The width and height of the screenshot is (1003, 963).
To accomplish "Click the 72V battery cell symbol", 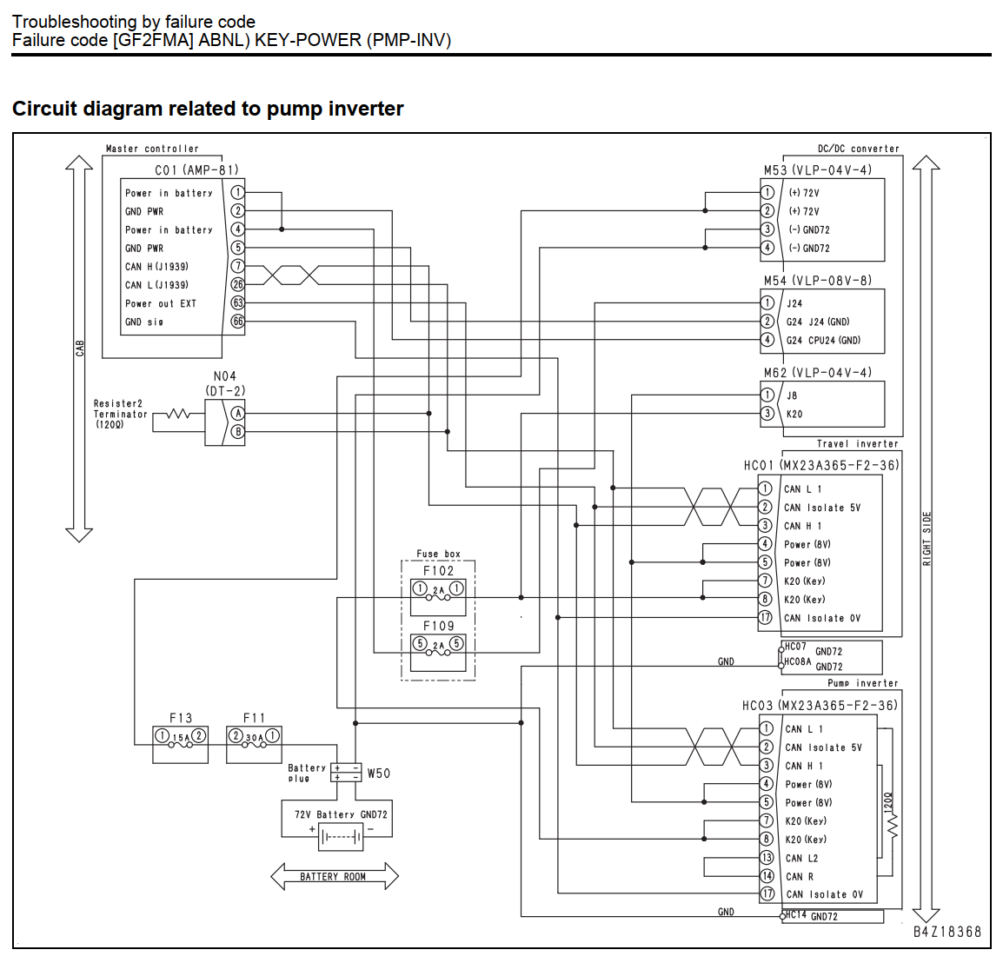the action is point(341,837).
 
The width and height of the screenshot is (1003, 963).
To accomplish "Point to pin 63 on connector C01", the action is point(237,302).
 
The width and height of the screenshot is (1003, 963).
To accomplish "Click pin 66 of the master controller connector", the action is point(237,322).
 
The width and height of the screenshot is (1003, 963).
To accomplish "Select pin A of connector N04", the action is point(237,414).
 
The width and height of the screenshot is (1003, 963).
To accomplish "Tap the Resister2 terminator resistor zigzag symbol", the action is point(178,414).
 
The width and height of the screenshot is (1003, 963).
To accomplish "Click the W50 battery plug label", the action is point(379,773).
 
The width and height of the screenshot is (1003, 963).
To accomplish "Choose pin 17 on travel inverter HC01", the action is point(765,617).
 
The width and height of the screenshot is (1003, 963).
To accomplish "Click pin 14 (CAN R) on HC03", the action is point(767,876).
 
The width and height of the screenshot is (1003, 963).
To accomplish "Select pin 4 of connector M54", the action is point(767,340).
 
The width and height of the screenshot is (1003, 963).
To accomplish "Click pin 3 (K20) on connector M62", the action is point(767,414).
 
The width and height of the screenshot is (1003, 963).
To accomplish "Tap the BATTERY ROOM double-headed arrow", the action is point(335,877).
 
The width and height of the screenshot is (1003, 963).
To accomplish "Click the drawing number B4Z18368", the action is point(947,932).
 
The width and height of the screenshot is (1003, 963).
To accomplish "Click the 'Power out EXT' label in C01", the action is point(161,303).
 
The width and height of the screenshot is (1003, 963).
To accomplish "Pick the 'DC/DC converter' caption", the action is point(859,149).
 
